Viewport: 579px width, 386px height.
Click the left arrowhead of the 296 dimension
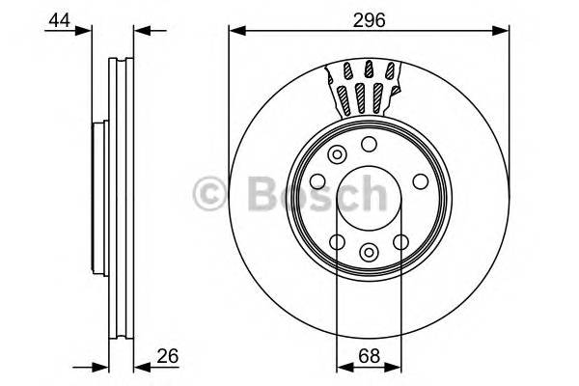[234, 31]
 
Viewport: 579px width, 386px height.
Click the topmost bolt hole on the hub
[368, 144]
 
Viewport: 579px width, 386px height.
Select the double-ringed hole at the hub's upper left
[337, 154]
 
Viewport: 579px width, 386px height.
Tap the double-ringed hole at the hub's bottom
[368, 252]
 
